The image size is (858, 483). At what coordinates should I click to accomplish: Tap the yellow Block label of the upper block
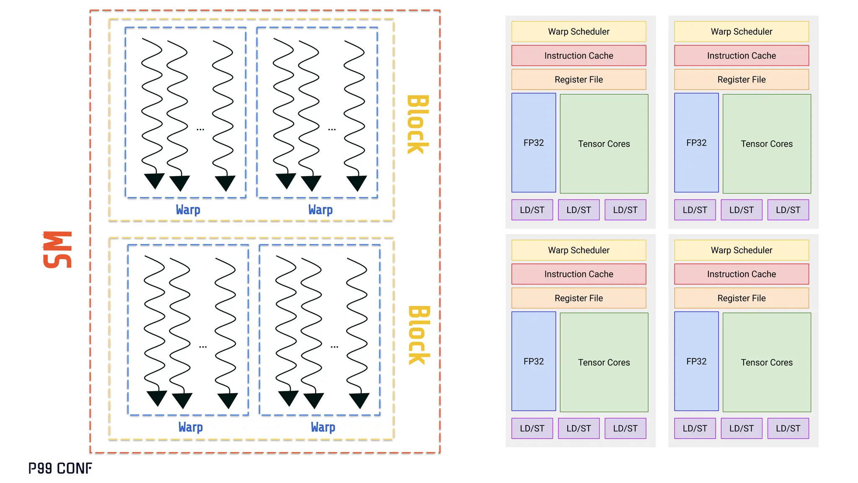point(418,125)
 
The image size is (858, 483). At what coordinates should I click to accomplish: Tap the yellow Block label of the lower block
point(419,335)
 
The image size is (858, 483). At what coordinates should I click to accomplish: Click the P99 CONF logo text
point(60,468)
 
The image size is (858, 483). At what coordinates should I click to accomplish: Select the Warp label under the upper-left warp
point(188,210)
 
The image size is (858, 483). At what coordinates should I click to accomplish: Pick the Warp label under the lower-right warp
point(323,427)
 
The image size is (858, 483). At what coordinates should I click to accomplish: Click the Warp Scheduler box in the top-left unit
point(579,31)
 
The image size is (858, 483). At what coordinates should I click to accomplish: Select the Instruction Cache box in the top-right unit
point(741,55)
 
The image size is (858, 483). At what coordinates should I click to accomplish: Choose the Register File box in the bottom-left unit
point(579,298)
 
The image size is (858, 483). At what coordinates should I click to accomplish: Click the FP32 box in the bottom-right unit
point(696,361)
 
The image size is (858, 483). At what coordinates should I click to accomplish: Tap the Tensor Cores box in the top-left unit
point(604,144)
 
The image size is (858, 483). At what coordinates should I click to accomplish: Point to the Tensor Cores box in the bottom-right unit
point(767,362)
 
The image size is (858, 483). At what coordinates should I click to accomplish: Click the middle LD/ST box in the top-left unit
point(579,210)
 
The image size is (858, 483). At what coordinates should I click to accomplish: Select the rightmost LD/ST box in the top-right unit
point(788,210)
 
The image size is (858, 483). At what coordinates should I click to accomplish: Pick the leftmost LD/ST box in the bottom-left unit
point(532,428)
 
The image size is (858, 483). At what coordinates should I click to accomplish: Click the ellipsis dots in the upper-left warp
point(200,130)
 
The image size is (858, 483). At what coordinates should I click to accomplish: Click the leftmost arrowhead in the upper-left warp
point(154,181)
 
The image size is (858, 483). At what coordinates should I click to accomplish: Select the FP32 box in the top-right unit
point(696,143)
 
